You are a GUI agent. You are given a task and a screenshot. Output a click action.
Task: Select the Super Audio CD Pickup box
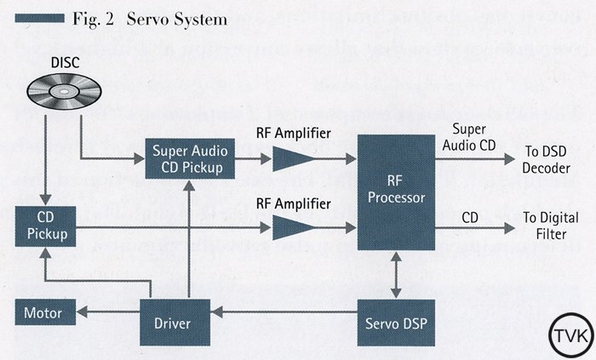pyautogui.click(x=188, y=158)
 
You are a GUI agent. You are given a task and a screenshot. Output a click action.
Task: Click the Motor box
pyautogui.click(x=43, y=313)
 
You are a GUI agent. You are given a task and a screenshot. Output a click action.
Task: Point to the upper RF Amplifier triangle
pyautogui.click(x=291, y=158)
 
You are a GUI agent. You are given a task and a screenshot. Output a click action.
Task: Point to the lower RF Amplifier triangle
pyautogui.click(x=291, y=226)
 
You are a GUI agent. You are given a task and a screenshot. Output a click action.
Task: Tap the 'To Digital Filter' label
pyautogui.click(x=544, y=226)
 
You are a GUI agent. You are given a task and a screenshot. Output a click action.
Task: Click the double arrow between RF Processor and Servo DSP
pyautogui.click(x=394, y=274)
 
